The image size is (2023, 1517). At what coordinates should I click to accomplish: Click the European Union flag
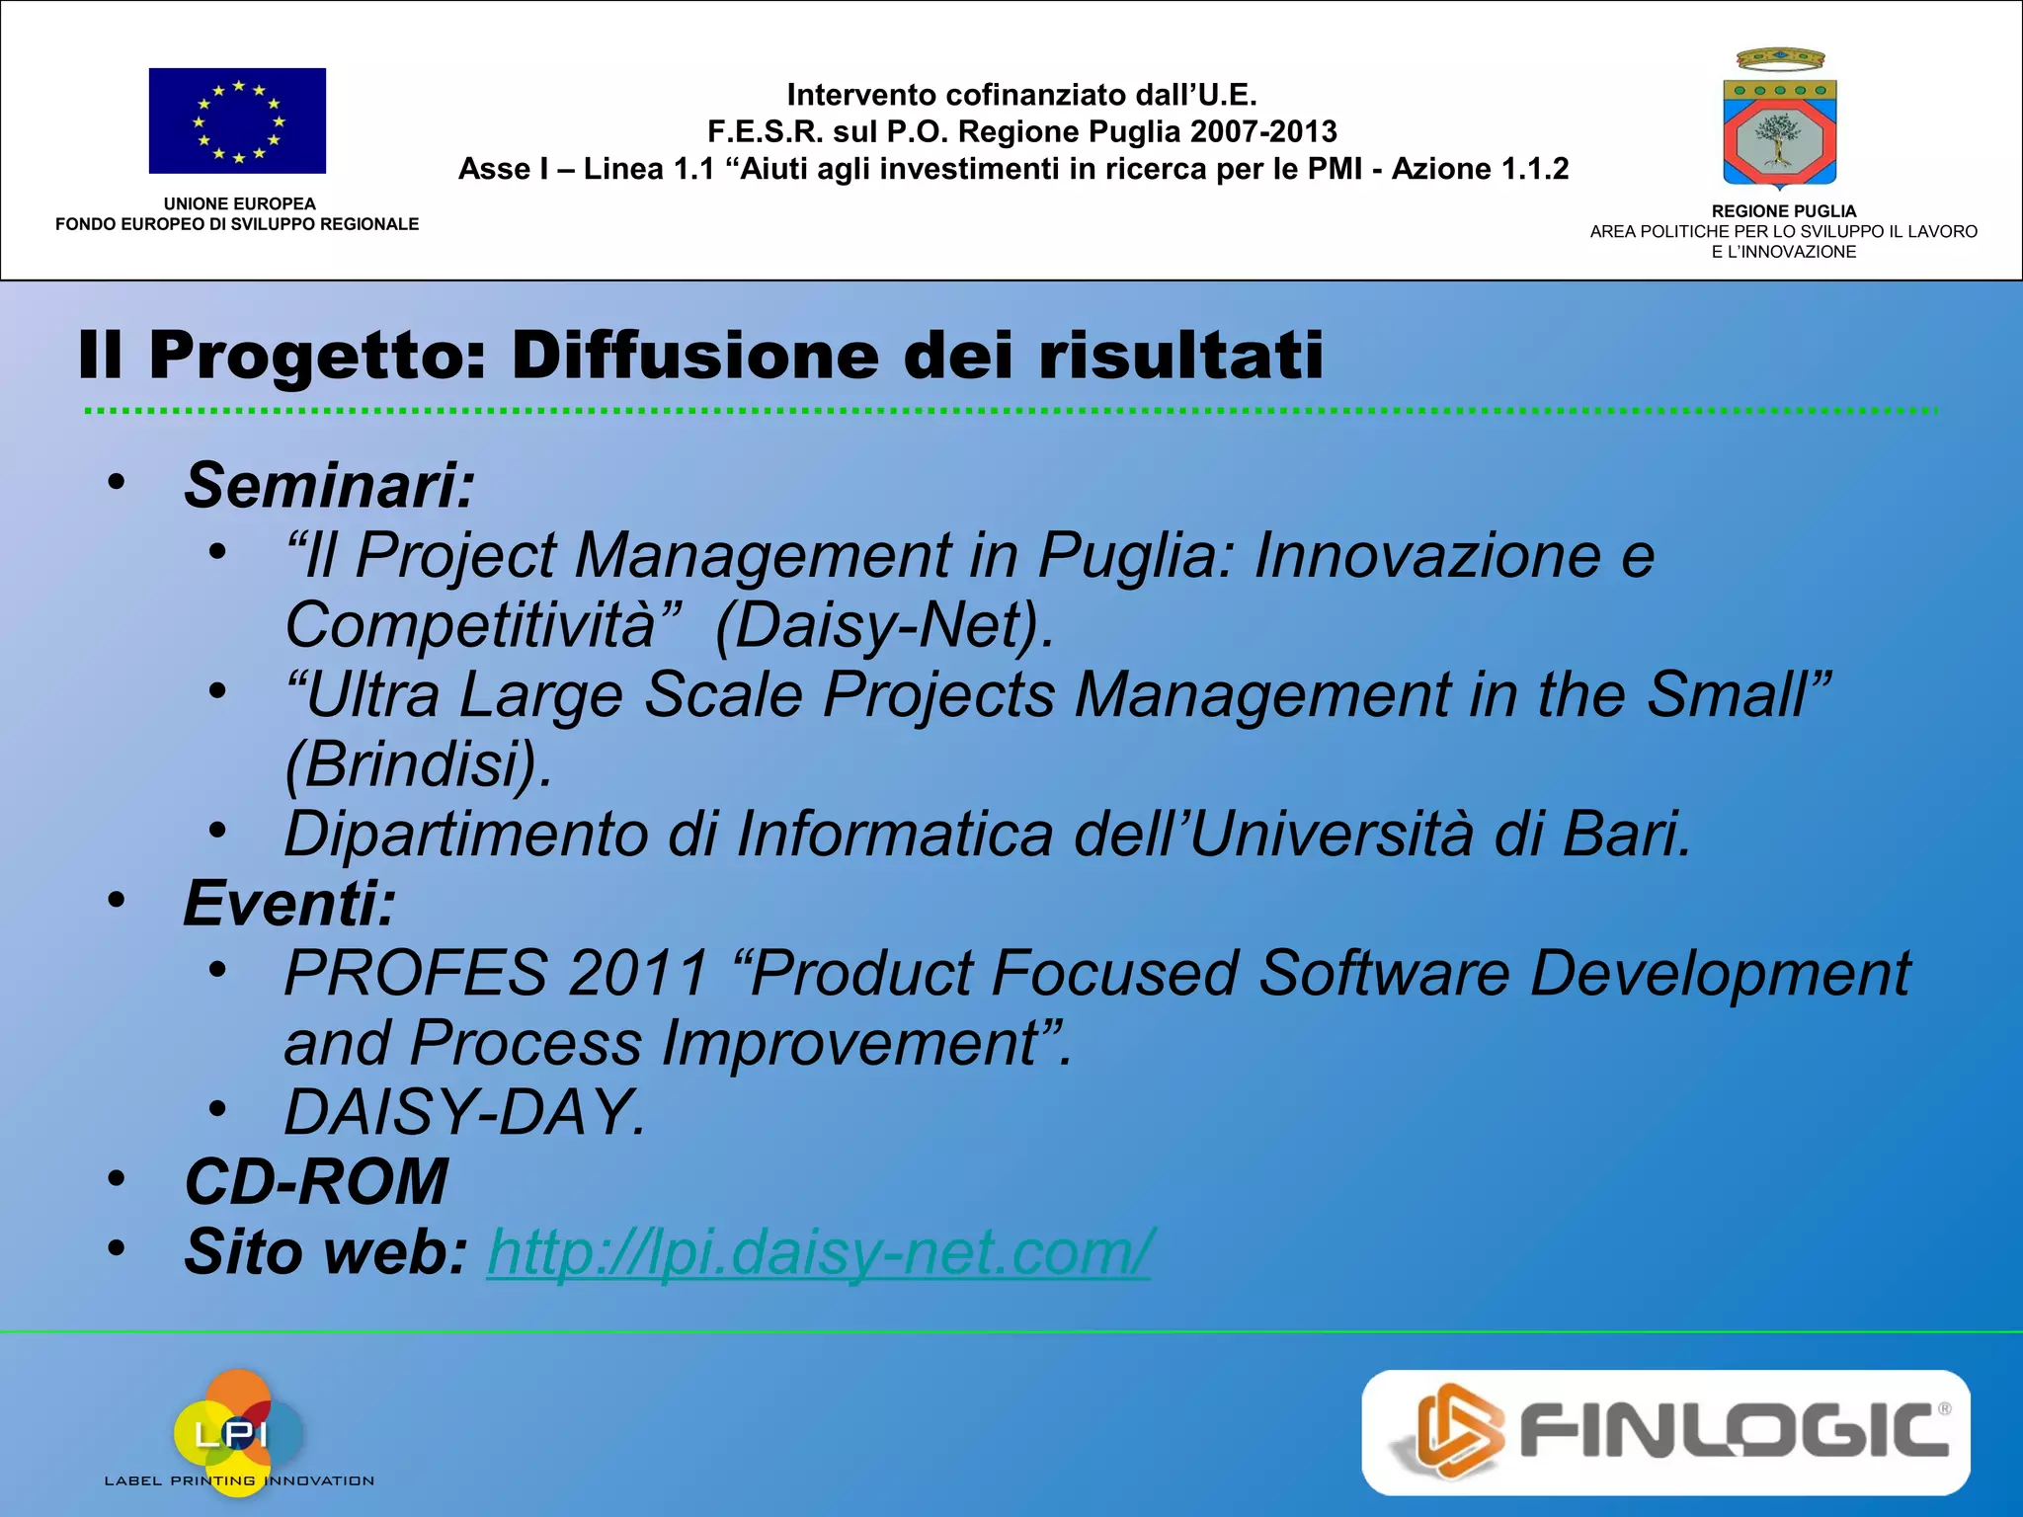click(237, 120)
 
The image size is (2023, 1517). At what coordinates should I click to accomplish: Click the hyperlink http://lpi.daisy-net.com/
click(819, 1252)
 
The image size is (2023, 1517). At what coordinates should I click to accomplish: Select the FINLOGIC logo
click(1665, 1432)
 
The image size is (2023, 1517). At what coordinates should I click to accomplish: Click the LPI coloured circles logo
click(238, 1431)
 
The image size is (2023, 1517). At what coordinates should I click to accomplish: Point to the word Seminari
click(329, 485)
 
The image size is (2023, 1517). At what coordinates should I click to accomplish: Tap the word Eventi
click(289, 903)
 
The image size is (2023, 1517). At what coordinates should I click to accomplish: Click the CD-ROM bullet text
click(316, 1182)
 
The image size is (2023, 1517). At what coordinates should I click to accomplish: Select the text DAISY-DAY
click(464, 1113)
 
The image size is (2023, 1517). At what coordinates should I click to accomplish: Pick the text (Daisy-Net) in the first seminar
click(884, 625)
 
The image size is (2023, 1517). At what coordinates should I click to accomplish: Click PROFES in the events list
click(416, 974)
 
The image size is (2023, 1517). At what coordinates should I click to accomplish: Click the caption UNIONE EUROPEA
click(239, 203)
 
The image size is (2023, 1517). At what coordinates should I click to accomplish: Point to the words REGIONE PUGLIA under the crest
click(1783, 211)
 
